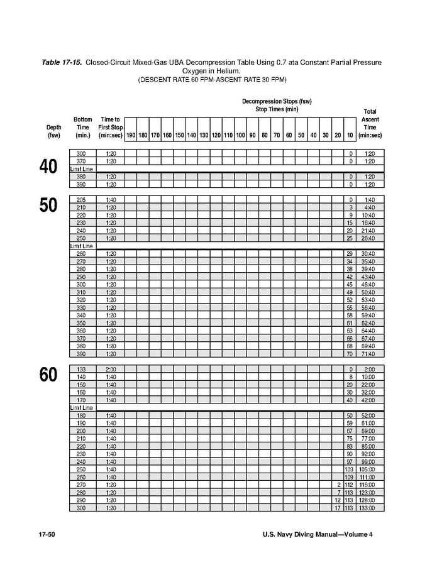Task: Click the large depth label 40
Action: pos(48,168)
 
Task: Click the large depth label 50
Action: pos(48,206)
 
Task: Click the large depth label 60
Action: pos(48,375)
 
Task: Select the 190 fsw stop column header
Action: pos(131,135)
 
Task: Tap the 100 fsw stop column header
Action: pos(240,135)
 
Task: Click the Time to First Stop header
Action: pos(110,127)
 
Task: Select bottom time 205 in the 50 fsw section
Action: pos(81,200)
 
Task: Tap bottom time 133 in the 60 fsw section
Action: pos(81,369)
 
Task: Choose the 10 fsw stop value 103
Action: pos(349,469)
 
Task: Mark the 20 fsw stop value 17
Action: pos(337,508)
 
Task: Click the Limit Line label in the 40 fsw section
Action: pos(81,169)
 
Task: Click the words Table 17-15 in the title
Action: pos(62,63)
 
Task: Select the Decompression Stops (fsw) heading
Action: pos(277,101)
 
